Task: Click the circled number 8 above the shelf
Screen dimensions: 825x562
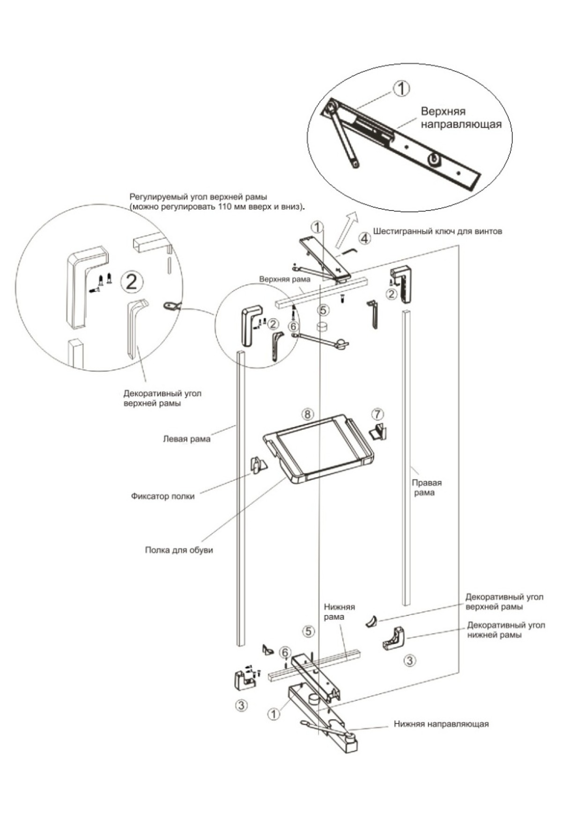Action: point(307,414)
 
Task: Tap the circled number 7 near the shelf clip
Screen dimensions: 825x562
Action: point(378,414)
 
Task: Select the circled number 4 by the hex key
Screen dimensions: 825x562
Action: point(365,238)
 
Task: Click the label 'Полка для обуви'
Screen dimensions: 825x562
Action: point(179,550)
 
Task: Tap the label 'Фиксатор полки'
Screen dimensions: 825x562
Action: point(163,496)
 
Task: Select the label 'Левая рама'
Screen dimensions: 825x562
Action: point(186,439)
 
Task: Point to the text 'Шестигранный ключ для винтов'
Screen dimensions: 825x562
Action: point(438,231)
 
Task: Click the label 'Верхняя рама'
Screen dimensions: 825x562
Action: point(285,279)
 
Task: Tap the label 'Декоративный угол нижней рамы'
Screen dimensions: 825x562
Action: point(506,630)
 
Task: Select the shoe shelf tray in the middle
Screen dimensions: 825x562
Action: point(318,450)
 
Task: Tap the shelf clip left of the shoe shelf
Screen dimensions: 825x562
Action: point(258,465)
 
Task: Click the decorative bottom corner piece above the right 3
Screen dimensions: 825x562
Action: point(394,639)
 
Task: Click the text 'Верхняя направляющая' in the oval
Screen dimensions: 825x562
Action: point(461,118)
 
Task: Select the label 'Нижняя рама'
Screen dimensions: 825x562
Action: point(339,612)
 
